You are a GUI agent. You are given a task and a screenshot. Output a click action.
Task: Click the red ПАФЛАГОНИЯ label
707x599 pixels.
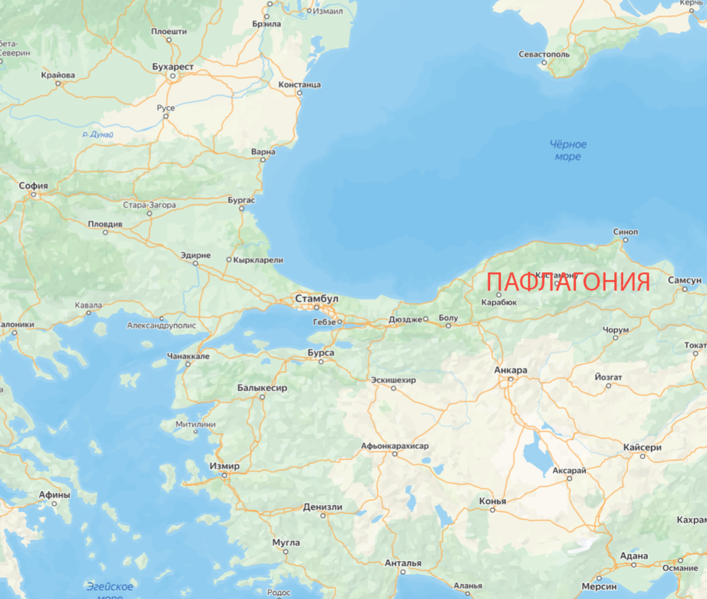[568, 282]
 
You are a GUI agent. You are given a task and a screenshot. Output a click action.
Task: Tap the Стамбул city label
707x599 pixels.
[316, 299]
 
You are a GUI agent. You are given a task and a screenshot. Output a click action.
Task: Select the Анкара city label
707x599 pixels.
[510, 370]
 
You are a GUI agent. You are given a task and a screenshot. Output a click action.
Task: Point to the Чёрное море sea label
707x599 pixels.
[568, 150]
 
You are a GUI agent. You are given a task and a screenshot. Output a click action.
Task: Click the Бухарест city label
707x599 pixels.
[173, 67]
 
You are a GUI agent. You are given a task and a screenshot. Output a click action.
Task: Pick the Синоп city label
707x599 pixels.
[625, 231]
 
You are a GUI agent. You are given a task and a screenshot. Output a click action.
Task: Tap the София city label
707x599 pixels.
[33, 186]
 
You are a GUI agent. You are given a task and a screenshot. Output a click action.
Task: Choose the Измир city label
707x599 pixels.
[224, 466]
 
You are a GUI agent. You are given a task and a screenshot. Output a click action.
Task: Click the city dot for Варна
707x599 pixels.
[263, 160]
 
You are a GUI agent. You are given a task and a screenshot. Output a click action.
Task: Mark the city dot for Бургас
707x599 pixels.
[242, 209]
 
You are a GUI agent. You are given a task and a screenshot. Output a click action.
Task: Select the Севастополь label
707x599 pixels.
[544, 54]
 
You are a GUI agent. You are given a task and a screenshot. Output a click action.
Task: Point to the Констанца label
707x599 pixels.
[299, 85]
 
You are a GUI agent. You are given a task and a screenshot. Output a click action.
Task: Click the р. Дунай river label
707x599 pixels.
[98, 134]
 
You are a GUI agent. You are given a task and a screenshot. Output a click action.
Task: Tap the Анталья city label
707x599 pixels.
[403, 563]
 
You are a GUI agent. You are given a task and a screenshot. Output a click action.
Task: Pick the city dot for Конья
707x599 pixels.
[493, 510]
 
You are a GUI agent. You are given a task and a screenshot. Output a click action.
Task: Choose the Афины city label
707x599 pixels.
[54, 495]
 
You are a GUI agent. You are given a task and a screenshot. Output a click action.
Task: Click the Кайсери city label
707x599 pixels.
[642, 448]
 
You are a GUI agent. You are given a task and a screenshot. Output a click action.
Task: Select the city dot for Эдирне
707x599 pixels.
[196, 263]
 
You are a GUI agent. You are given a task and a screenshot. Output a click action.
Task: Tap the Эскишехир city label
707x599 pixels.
[393, 380]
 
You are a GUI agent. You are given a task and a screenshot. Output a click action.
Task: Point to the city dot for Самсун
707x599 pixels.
[685, 289]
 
